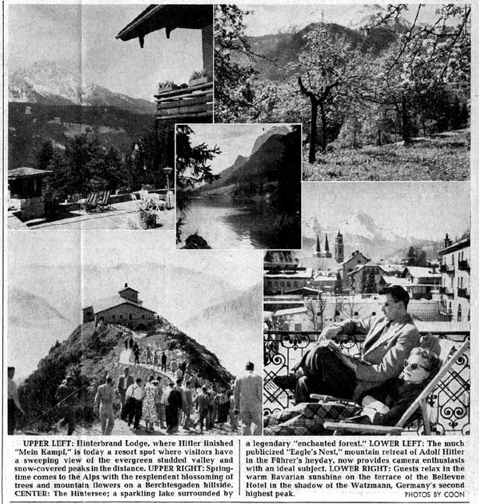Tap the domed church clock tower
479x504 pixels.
point(339,248)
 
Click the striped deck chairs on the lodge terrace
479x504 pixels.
point(97,201)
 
